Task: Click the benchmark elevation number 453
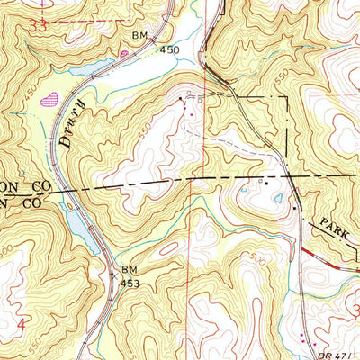coord(131,283)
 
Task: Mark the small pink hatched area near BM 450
coord(123,54)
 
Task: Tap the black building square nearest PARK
coord(294,209)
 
